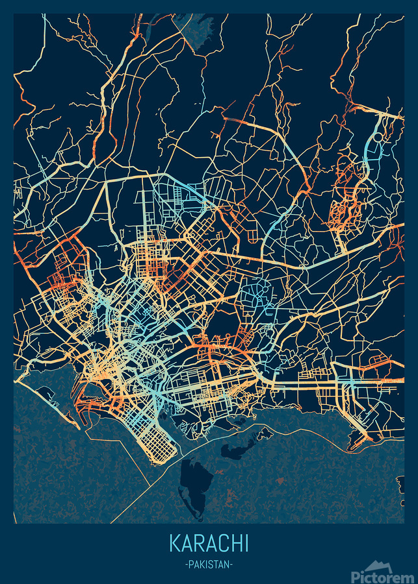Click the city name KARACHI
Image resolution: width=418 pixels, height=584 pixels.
pos(209,543)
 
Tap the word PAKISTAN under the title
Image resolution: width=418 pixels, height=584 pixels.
pos(209,565)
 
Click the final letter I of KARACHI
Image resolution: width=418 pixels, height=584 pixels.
pos(246,543)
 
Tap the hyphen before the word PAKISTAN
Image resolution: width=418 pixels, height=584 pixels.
pos(187,565)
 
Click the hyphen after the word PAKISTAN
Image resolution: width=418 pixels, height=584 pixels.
pos(231,565)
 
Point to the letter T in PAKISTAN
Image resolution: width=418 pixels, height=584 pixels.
pos(216,565)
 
